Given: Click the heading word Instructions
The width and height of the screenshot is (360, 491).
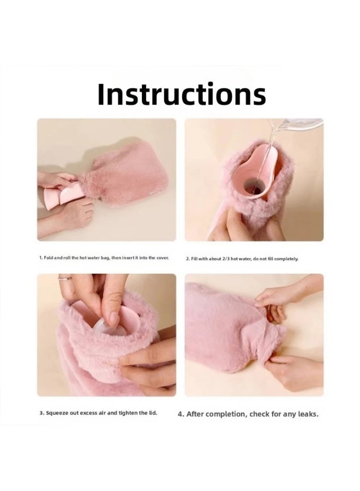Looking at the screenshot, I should pos(181,94).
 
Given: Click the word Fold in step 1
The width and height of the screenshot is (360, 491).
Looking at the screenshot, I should pos(49,258).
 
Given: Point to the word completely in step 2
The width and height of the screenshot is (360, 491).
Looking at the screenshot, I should pos(286,258).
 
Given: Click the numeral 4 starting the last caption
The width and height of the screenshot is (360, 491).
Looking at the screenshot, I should pos(181,414).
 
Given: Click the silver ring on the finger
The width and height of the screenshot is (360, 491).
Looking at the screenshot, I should pos(64,278).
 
